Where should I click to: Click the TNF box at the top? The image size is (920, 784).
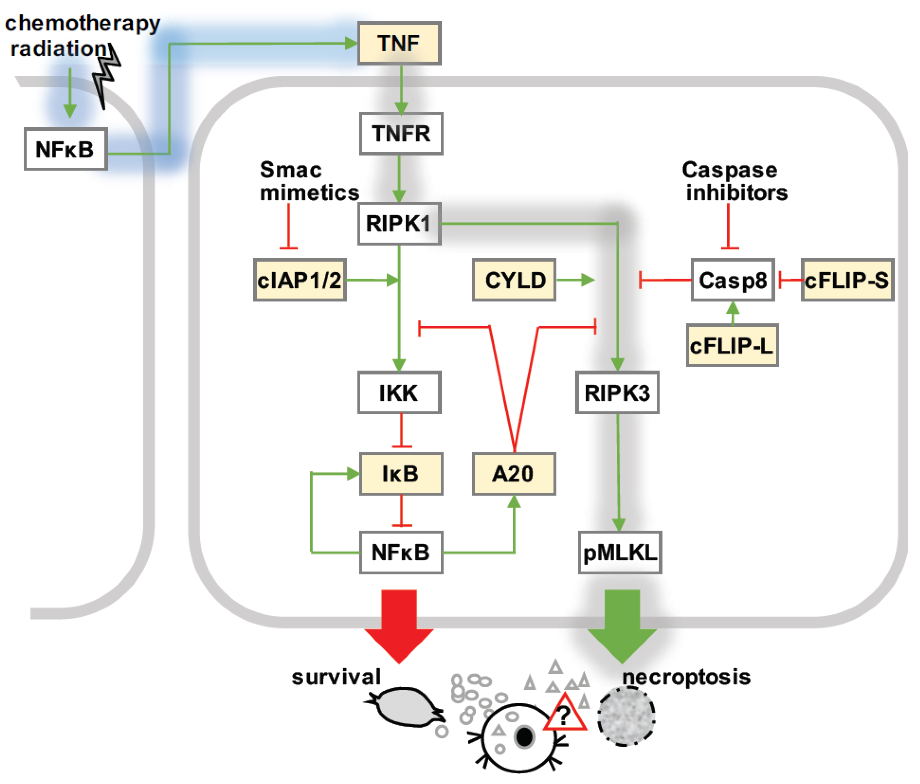click(x=399, y=43)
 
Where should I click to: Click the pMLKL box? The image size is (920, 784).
click(x=620, y=552)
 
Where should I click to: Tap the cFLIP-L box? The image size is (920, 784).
click(x=732, y=345)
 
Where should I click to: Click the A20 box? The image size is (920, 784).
click(x=514, y=473)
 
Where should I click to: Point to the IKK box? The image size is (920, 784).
click(x=399, y=393)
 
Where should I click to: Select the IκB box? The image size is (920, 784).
click(x=401, y=473)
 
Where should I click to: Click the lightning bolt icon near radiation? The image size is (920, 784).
click(x=106, y=75)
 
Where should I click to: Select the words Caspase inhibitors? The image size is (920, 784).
click(x=735, y=181)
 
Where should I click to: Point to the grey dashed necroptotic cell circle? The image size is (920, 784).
click(x=626, y=716)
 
